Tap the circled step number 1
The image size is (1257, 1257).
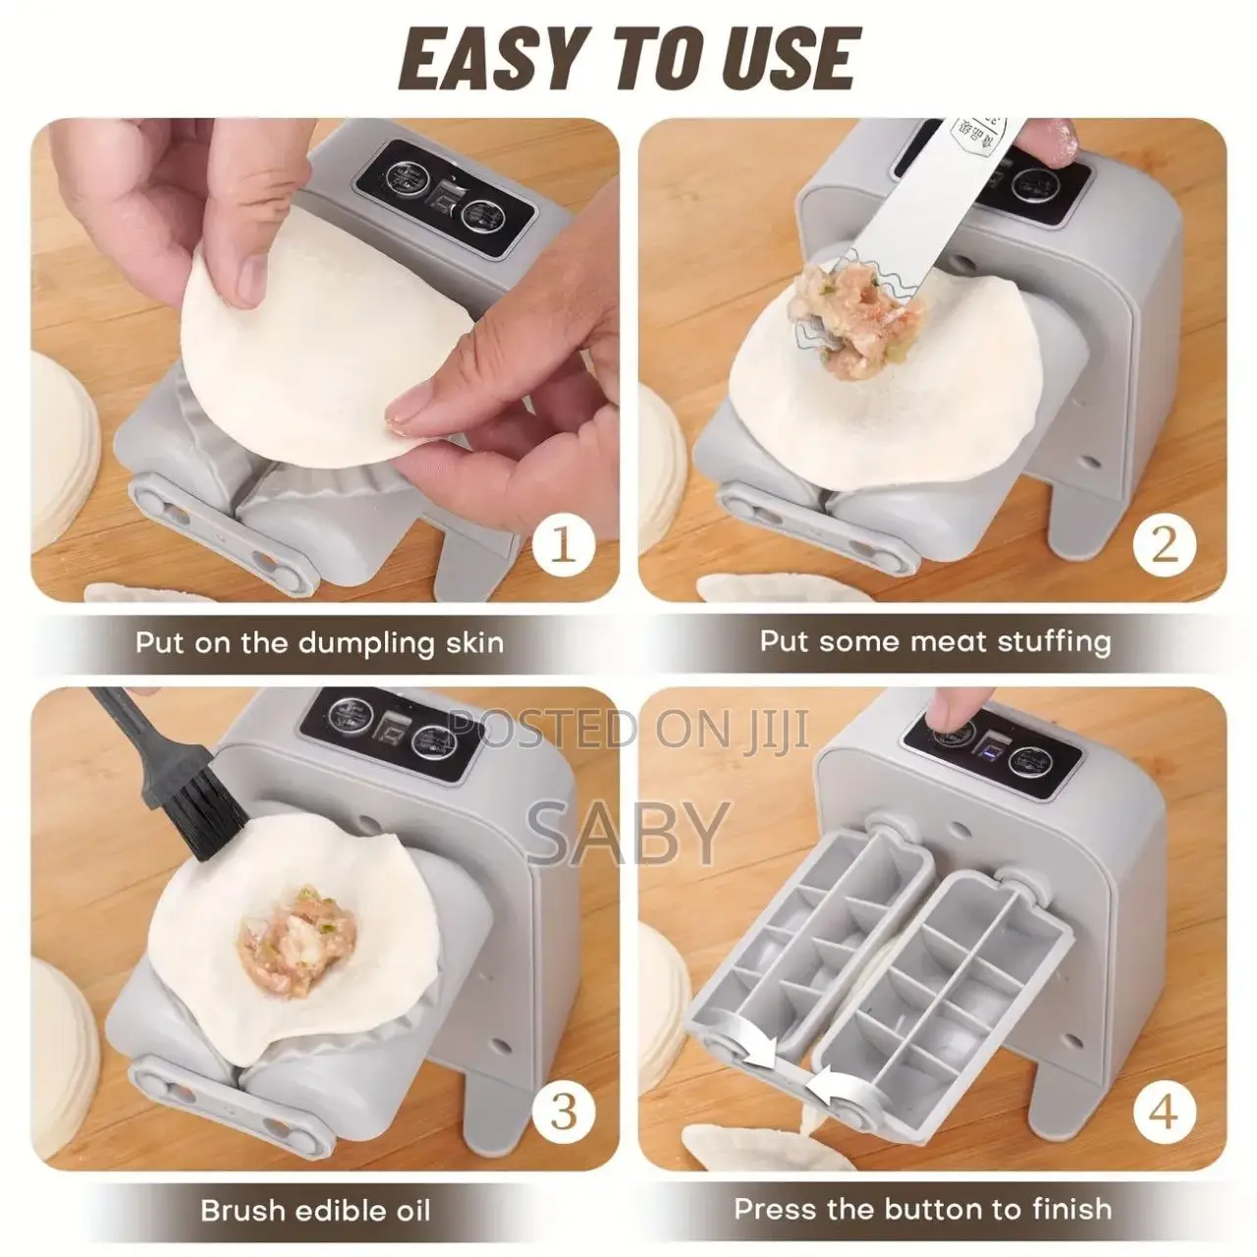[563, 543]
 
